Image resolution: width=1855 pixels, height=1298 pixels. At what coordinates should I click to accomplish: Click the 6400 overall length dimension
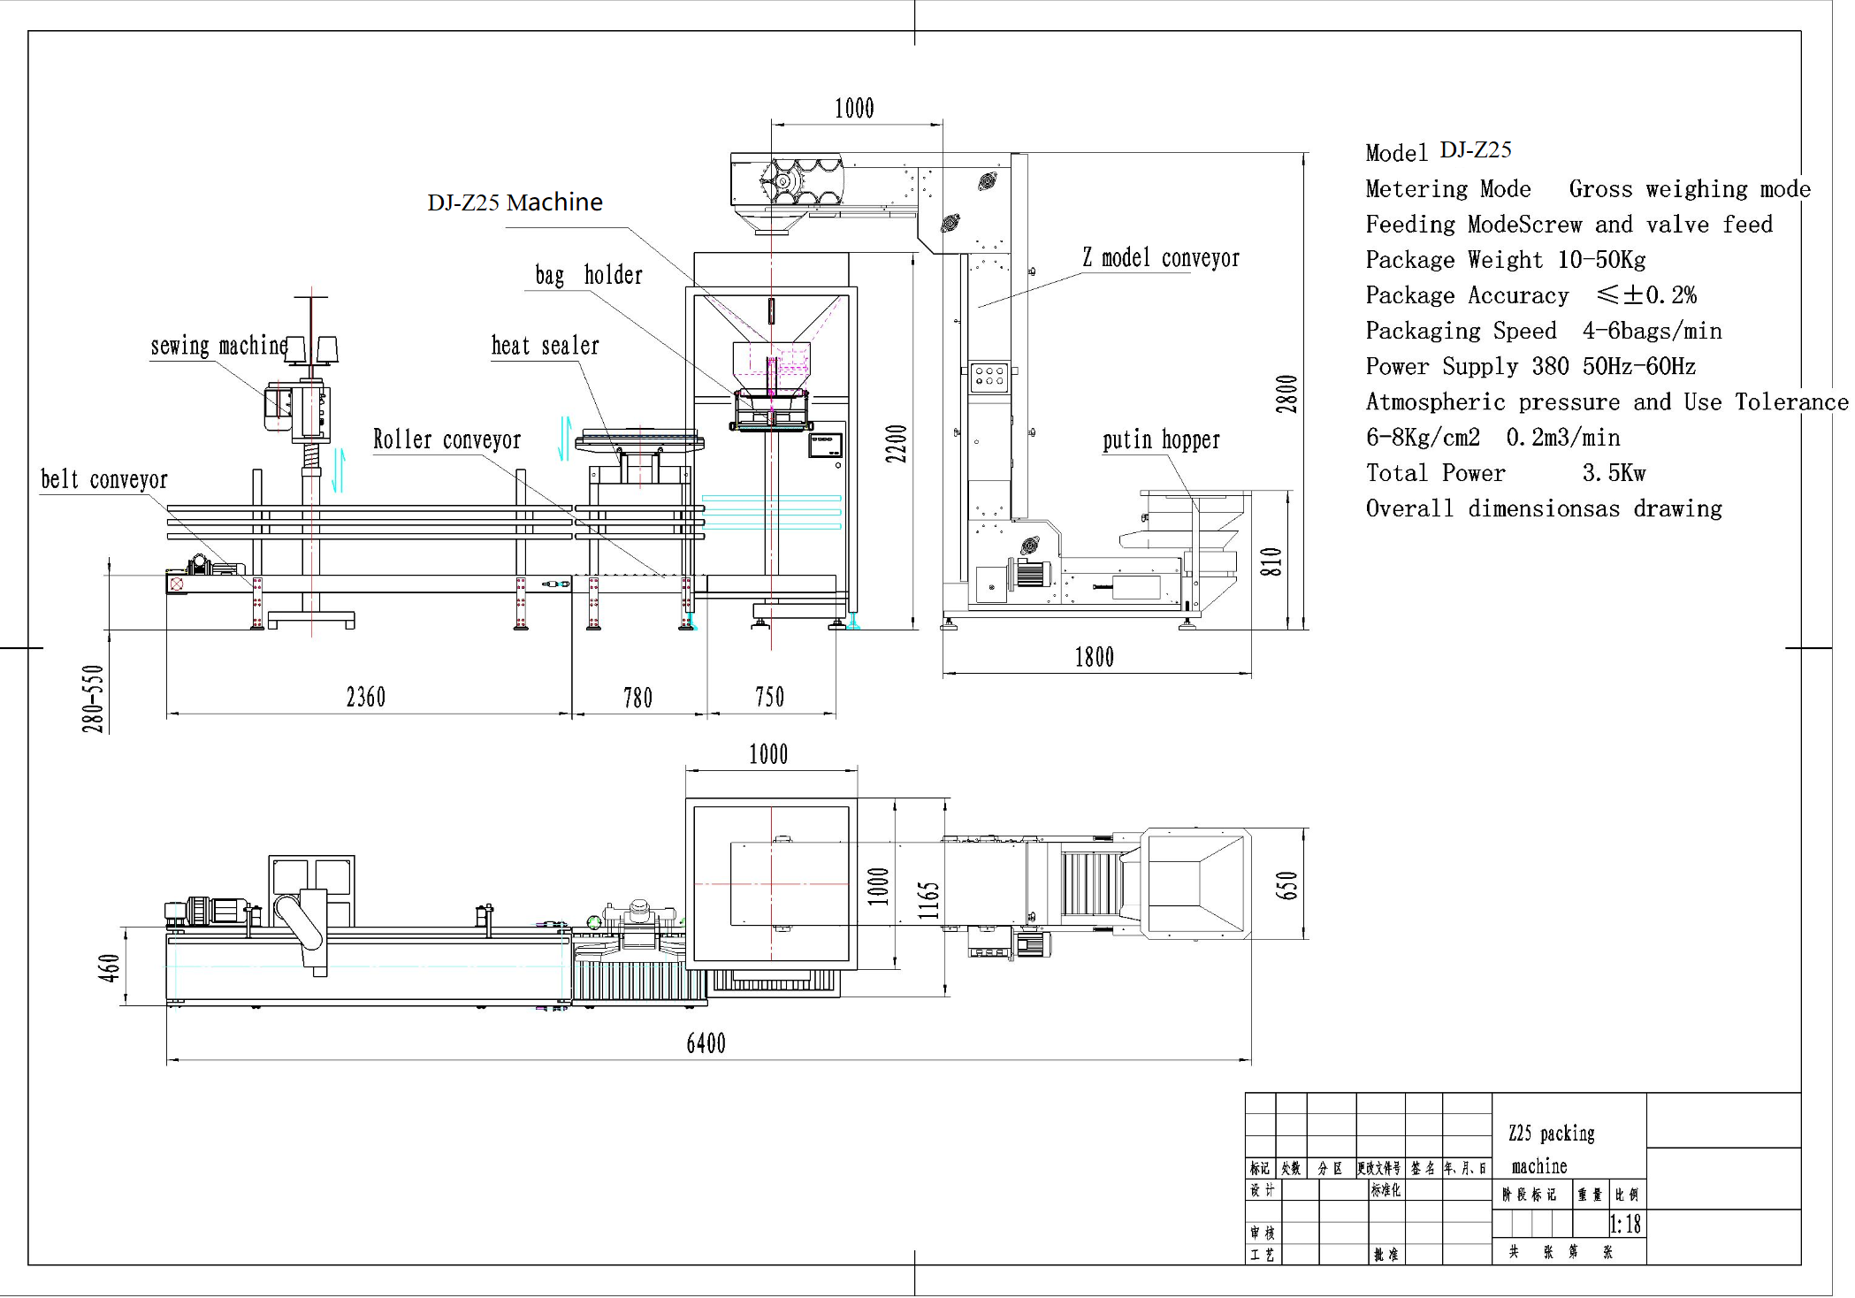tap(706, 1043)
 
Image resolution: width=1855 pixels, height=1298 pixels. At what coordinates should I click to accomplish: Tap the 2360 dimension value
tap(365, 698)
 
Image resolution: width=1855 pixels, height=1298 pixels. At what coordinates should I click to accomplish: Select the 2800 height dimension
tap(1286, 394)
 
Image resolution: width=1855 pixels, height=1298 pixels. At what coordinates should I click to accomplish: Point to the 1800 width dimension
tap(1094, 657)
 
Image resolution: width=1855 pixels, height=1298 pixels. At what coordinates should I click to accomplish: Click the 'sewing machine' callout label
tap(218, 346)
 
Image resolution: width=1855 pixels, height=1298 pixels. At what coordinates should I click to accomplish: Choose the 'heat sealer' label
tap(545, 346)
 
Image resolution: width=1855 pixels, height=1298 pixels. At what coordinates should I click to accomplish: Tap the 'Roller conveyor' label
tap(447, 439)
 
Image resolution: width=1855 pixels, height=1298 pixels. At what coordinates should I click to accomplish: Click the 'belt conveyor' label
tap(103, 479)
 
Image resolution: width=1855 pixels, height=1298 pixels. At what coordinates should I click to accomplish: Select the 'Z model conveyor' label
tap(1160, 258)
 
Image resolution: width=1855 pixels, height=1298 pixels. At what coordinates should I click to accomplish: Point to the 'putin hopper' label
tap(1160, 439)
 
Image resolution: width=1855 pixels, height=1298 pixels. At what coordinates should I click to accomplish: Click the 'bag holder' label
tap(588, 275)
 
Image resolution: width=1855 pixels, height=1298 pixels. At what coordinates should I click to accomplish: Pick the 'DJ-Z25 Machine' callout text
tap(515, 202)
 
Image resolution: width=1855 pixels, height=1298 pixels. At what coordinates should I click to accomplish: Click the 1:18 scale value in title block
tap(1624, 1225)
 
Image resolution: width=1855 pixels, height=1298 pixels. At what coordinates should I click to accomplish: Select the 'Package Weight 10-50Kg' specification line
tap(1505, 260)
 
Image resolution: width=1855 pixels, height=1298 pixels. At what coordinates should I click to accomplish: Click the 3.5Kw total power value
tap(1614, 473)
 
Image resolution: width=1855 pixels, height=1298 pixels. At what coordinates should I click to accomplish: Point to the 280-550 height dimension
tap(94, 699)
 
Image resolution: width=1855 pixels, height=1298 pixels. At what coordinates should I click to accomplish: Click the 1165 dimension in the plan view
tap(927, 900)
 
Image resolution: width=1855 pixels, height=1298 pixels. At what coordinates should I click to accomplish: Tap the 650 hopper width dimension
tap(1286, 885)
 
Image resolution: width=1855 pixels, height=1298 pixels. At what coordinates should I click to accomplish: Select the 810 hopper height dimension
tap(1270, 561)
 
